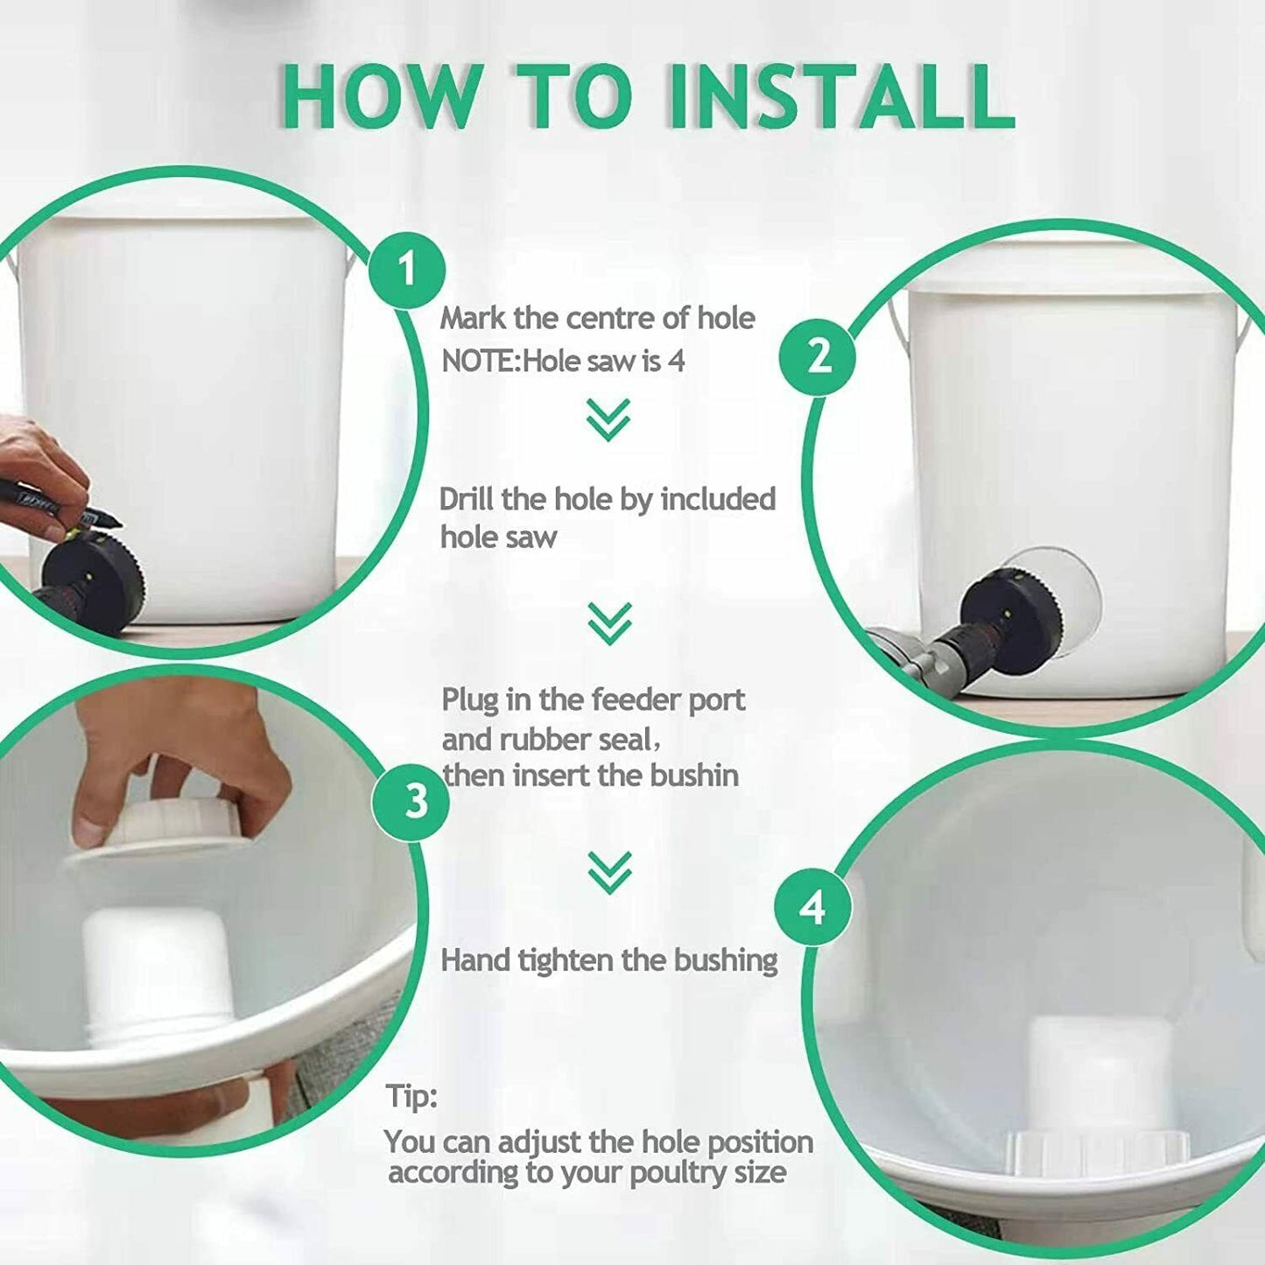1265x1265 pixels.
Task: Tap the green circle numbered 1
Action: click(x=407, y=269)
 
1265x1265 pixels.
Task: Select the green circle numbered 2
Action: click(x=818, y=357)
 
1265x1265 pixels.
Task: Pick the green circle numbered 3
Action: click(x=411, y=801)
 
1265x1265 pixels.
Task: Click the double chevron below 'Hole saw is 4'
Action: click(x=608, y=420)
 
